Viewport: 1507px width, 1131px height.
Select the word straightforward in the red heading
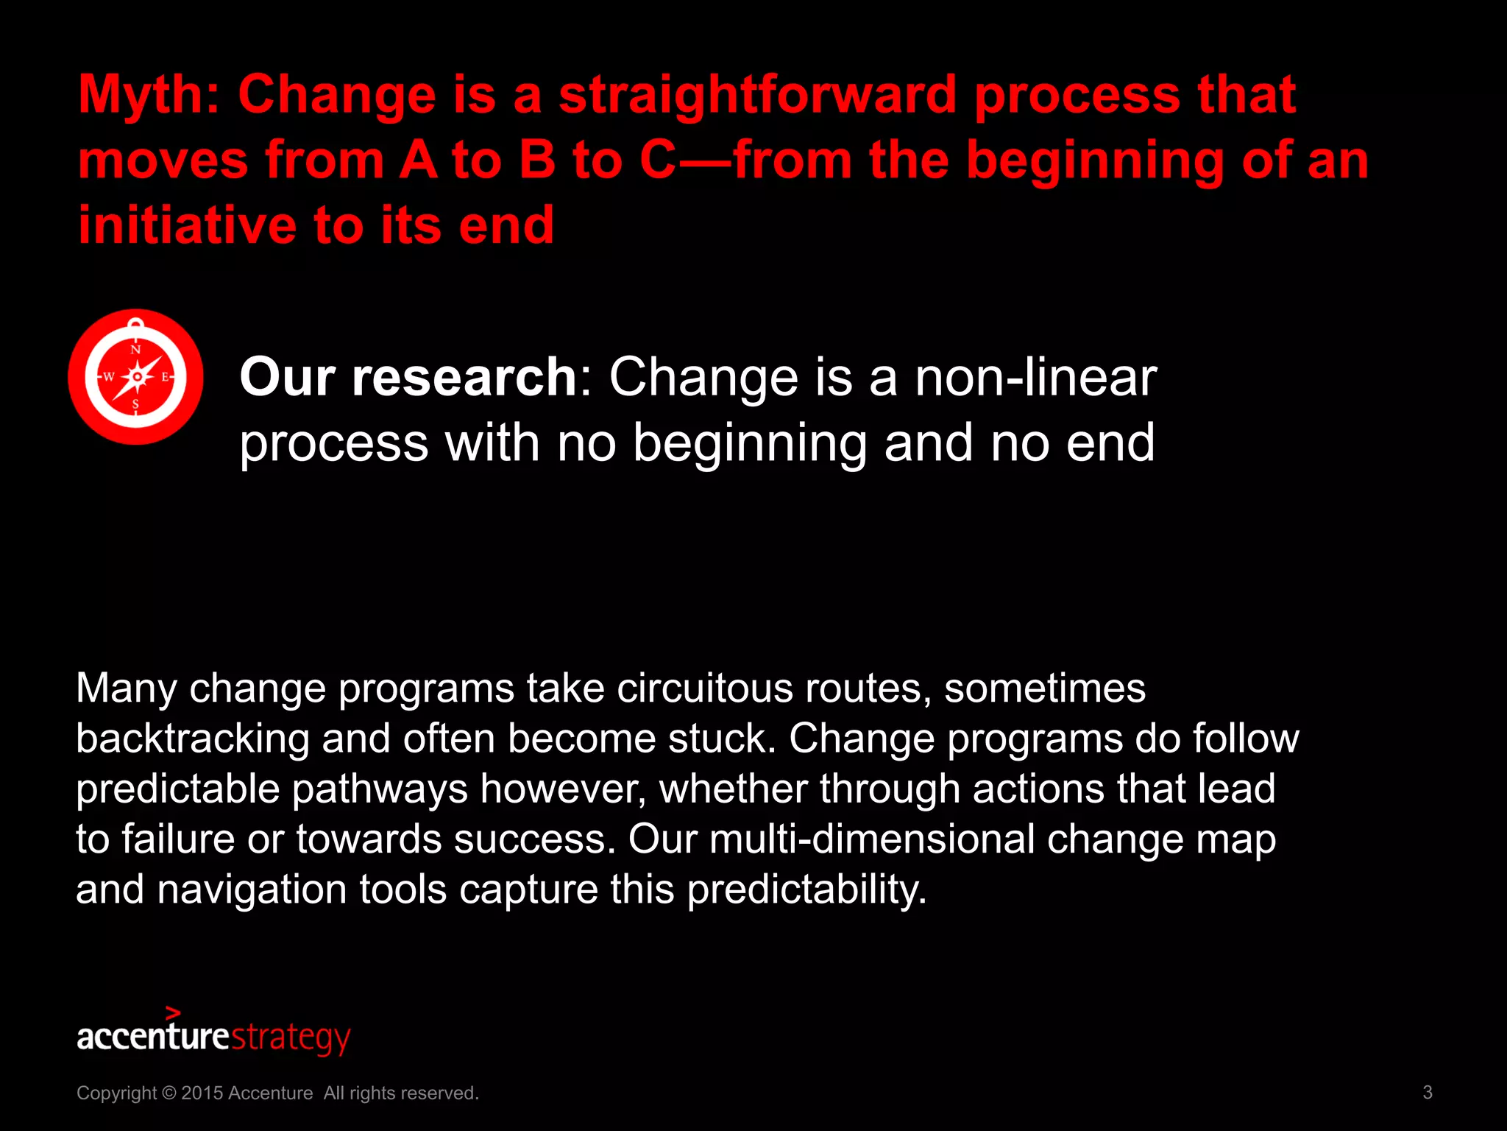(x=757, y=96)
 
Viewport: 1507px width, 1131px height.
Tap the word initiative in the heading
(x=186, y=225)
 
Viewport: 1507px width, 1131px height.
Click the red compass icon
(x=135, y=377)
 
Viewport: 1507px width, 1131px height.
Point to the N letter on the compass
(x=135, y=349)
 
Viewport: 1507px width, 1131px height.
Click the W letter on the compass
(x=108, y=377)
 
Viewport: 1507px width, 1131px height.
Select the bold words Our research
(x=408, y=377)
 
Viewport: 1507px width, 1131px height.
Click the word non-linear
(x=1035, y=377)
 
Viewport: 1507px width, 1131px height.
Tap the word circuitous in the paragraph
(x=704, y=688)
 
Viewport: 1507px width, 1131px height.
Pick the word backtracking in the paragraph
(x=193, y=739)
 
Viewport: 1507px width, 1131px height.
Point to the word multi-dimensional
(x=871, y=839)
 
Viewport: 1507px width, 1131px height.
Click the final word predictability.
(x=806, y=889)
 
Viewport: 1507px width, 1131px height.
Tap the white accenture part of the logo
(x=153, y=1037)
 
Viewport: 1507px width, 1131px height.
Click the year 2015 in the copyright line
(x=202, y=1093)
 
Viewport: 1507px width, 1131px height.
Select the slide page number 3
(x=1427, y=1093)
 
